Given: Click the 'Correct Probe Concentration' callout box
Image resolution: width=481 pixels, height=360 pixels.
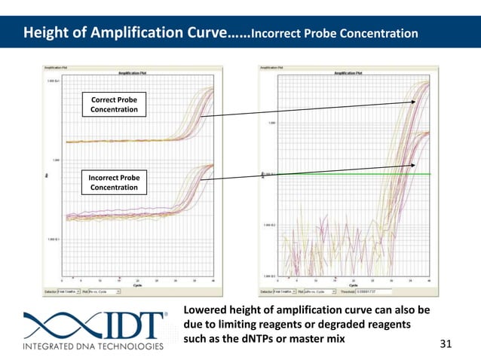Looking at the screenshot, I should coord(114,105).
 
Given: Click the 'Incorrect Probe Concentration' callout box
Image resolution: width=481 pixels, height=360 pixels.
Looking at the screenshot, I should coord(114,182).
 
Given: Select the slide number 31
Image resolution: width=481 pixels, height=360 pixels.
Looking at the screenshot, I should coord(444,344).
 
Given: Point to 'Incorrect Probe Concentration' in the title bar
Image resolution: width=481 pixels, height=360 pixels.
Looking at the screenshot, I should coord(333,34).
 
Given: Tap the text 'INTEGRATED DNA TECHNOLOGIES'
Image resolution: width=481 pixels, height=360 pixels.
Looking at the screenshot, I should coord(92,347).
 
